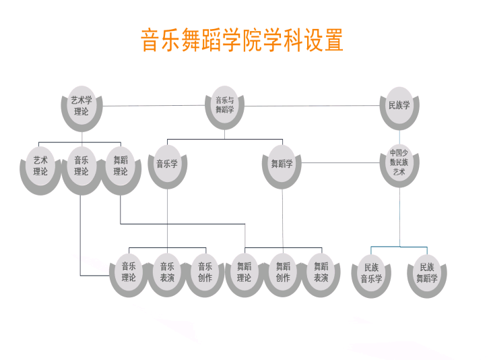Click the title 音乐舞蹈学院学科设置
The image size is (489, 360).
tap(242, 40)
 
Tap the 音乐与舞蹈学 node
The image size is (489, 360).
tap(225, 105)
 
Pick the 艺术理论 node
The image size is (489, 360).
tap(40, 166)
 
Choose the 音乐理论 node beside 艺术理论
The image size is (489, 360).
tap(81, 166)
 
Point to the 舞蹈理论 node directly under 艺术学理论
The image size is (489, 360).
tap(121, 166)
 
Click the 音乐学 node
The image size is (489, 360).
tap(167, 164)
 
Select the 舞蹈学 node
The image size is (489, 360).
tap(282, 164)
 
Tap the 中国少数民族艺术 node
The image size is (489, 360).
tap(399, 162)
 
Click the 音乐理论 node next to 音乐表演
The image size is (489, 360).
tap(129, 272)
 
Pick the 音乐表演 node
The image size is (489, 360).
tap(167, 272)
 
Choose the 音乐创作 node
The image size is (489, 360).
tap(205, 272)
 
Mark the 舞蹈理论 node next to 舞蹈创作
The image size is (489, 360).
tap(244, 272)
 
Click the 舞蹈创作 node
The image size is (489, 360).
tap(283, 272)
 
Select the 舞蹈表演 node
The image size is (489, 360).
tap(321, 272)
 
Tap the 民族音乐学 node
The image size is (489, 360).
tap(371, 272)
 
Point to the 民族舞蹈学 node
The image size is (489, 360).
tap(427, 272)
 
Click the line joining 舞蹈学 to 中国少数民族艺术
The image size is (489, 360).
tap(340, 163)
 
